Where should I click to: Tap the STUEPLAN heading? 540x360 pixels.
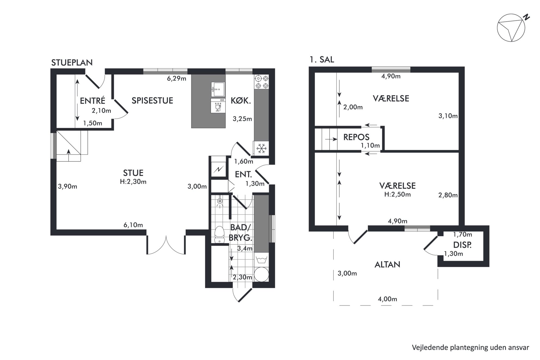(72, 63)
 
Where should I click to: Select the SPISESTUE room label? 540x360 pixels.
(152, 100)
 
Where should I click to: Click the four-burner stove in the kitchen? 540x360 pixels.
(262, 82)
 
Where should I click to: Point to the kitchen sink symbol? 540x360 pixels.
(218, 89)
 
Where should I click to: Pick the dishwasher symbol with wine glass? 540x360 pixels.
(218, 106)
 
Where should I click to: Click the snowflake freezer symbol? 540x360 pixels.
(262, 149)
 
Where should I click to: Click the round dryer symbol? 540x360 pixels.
(262, 274)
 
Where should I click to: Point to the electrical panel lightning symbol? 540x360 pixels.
(219, 170)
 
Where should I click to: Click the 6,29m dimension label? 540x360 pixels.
(177, 79)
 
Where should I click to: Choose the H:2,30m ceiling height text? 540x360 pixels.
(133, 181)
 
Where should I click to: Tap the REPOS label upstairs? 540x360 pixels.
(356, 137)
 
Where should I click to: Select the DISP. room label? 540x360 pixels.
(462, 245)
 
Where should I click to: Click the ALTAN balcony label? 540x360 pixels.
(387, 264)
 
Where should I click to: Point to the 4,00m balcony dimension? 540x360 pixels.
(387, 299)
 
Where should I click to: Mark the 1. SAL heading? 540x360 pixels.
(322, 60)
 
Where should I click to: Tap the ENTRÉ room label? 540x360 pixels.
(93, 101)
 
